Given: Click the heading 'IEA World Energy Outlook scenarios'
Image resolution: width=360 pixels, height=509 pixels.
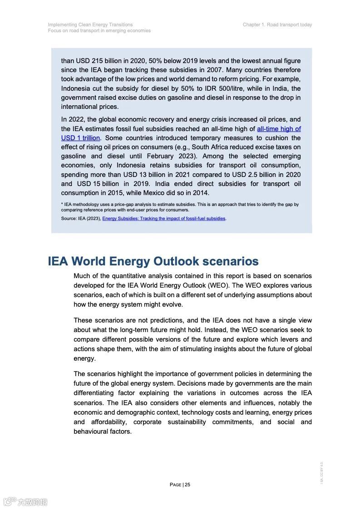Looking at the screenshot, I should click(153, 261).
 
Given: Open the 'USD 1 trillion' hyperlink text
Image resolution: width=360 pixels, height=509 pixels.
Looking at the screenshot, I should click(80, 138).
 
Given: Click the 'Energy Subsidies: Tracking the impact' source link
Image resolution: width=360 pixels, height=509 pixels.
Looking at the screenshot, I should click(164, 219).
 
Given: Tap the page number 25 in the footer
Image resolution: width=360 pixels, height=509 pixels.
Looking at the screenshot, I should click(187, 485).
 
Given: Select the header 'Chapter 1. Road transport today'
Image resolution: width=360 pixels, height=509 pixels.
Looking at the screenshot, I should click(277, 25).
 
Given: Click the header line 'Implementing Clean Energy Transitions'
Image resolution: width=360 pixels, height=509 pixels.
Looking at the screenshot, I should click(90, 25).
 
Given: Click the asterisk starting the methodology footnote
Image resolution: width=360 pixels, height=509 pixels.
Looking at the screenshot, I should click(62, 205).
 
